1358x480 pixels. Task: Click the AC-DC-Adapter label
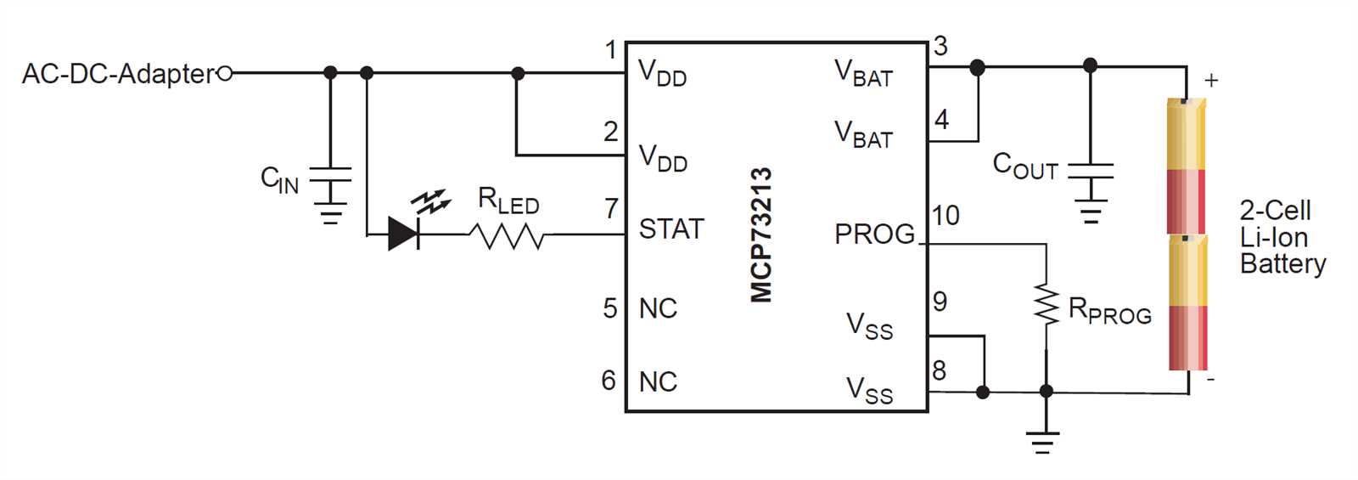[119, 74]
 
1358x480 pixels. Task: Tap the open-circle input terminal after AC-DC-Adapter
[225, 74]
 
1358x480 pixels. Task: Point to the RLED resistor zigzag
[508, 235]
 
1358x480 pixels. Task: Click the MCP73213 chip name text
[761, 234]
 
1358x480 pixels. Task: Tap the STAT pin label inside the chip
[671, 229]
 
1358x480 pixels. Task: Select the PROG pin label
[874, 234]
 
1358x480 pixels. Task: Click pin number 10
[946, 216]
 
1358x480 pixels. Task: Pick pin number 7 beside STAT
[611, 208]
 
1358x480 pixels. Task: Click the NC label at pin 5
[658, 308]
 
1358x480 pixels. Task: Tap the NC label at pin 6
[658, 381]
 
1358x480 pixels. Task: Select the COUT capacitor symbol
[1091, 171]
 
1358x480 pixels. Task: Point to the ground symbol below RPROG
[1043, 443]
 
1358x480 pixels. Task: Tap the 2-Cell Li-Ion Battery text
[1282, 237]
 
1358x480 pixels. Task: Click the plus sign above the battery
[1211, 81]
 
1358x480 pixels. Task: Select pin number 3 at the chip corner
[940, 46]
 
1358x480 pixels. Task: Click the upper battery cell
[1187, 166]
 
